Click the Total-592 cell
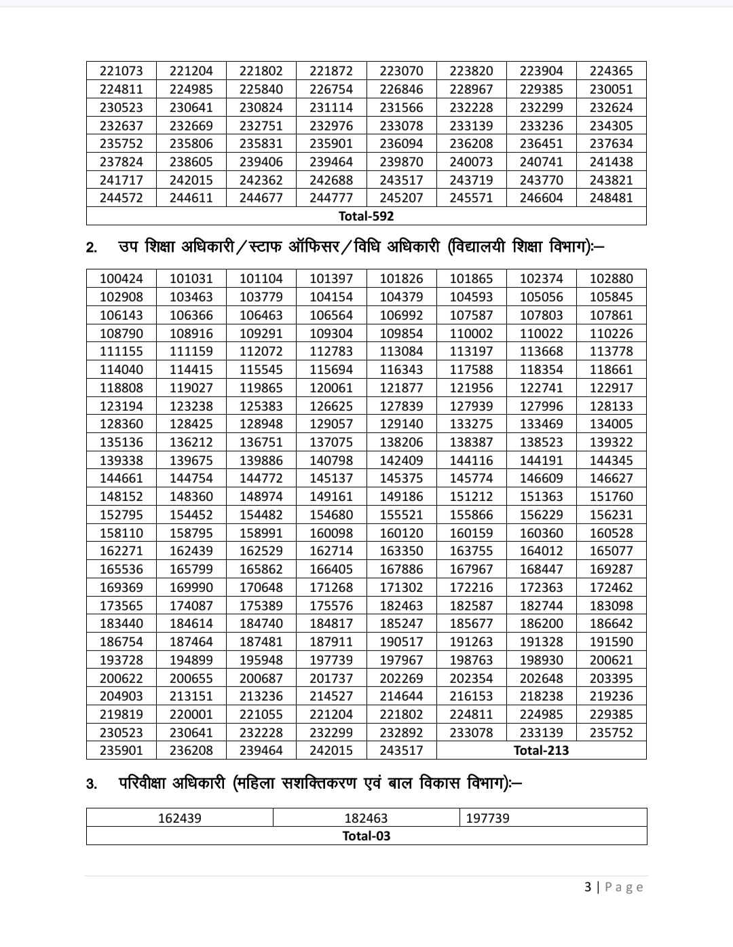(x=366, y=216)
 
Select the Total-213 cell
(x=541, y=750)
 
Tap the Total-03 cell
(x=366, y=836)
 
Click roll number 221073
(x=121, y=71)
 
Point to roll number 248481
(x=611, y=198)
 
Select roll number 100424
(x=121, y=278)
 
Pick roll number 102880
(x=611, y=278)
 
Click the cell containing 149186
(x=401, y=496)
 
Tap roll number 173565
(x=121, y=606)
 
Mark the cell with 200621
(x=611, y=660)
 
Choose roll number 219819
(x=121, y=714)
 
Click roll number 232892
(x=401, y=732)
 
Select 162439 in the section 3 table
(x=179, y=818)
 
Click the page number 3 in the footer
(x=588, y=887)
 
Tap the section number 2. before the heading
(x=92, y=247)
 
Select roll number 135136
(x=121, y=442)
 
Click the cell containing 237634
(x=611, y=143)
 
